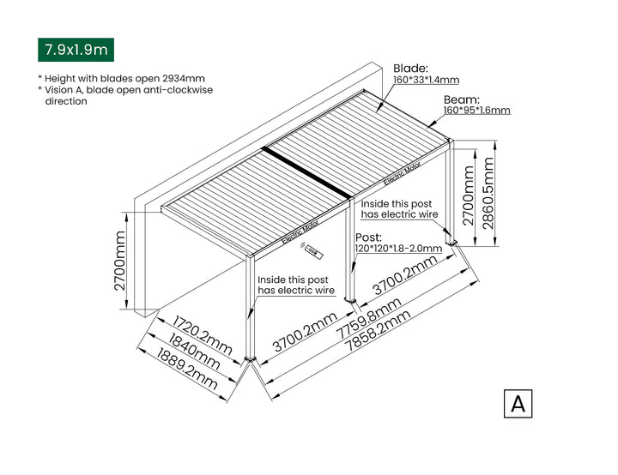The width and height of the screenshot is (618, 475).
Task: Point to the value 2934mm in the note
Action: click(183, 77)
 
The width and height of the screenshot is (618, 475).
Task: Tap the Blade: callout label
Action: click(411, 68)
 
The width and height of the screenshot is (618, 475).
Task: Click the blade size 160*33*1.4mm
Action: click(427, 80)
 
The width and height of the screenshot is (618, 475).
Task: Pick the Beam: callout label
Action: click(462, 99)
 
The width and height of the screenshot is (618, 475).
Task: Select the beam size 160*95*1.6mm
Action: click(476, 111)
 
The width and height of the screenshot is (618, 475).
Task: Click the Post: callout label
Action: click(369, 237)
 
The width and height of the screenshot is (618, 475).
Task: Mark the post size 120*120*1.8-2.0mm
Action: click(397, 249)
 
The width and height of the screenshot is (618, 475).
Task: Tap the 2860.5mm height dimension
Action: click(488, 197)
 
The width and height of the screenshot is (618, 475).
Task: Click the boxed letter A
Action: click(518, 403)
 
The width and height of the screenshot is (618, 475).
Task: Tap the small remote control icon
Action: click(315, 254)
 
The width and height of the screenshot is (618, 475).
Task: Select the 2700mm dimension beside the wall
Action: click(120, 260)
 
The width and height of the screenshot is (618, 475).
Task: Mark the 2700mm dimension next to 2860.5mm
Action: click(469, 196)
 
